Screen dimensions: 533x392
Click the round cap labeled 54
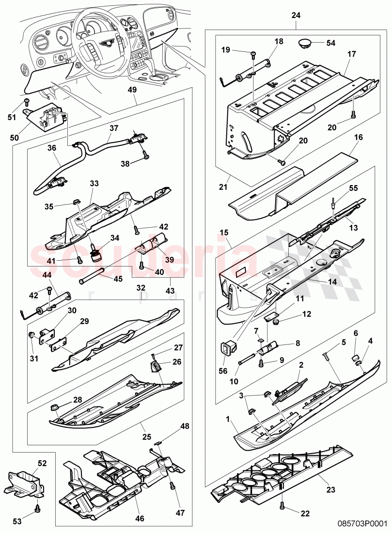305,43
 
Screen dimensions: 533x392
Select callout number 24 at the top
296,16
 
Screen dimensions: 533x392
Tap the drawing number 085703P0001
362,524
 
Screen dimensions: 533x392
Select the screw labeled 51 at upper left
27,102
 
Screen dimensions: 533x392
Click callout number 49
132,90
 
